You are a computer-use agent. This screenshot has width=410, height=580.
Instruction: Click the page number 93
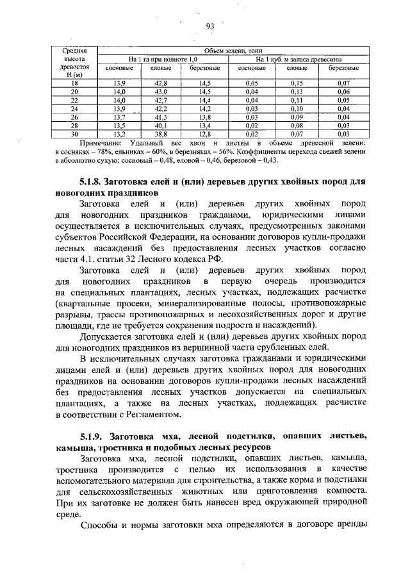(x=209, y=26)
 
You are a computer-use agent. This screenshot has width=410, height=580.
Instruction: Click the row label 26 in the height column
(x=74, y=117)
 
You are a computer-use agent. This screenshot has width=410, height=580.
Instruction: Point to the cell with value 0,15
(x=296, y=84)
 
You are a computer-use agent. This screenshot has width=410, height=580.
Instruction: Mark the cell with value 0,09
(x=296, y=117)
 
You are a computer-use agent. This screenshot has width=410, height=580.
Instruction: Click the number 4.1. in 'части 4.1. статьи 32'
(x=94, y=259)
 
